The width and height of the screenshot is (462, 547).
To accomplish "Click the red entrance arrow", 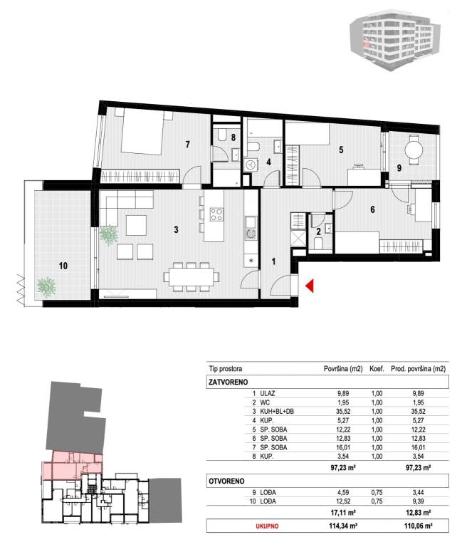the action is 310,286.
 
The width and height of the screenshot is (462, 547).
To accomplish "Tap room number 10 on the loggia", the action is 63,266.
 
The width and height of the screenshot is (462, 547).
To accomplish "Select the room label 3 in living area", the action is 176,229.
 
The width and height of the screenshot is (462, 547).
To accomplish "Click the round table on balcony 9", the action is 414,150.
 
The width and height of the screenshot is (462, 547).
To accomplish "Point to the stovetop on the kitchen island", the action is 216,214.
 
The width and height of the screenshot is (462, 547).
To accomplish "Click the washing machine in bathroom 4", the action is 251,165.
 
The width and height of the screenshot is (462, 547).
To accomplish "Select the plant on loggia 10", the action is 46,286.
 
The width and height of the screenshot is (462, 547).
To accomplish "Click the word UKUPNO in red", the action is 267,526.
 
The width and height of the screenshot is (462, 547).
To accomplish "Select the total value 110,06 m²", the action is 419,526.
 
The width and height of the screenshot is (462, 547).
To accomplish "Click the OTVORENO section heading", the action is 226,481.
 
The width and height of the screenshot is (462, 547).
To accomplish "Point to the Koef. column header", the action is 377,369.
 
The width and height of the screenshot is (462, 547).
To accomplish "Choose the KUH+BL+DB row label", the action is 277,412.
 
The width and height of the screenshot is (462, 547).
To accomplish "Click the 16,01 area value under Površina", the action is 343,447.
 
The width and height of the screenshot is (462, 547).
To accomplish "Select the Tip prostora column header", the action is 226,369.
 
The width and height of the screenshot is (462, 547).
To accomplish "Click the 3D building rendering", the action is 395,39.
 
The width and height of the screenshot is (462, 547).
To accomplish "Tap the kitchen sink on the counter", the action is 250,222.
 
